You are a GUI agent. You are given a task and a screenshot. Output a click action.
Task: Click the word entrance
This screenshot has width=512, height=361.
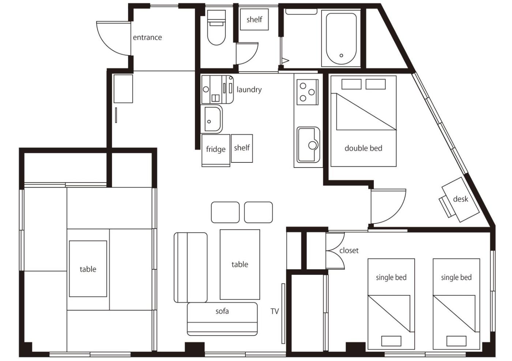(147, 37)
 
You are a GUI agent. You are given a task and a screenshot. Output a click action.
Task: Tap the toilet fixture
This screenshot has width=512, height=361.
(216, 27)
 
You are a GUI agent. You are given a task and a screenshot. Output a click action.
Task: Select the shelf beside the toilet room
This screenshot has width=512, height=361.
(254, 19)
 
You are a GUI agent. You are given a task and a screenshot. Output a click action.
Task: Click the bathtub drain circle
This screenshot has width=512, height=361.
(341, 55)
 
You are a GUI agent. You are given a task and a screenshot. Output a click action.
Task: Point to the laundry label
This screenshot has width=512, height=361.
(249, 89)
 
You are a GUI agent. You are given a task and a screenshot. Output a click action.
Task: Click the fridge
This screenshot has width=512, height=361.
(216, 150)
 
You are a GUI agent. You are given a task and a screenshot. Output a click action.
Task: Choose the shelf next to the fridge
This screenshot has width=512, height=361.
(242, 148)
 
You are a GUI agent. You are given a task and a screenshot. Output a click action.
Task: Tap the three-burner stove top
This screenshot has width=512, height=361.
(308, 92)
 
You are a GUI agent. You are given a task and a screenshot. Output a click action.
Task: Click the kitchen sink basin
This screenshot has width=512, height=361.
(308, 145)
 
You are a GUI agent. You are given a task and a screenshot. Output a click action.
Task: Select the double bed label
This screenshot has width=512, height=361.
(363, 148)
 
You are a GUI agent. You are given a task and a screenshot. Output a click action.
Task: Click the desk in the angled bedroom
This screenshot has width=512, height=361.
(460, 200)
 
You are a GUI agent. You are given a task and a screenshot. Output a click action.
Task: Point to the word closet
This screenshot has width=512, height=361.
(349, 250)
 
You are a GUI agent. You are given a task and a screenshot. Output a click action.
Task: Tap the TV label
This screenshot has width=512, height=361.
(275, 311)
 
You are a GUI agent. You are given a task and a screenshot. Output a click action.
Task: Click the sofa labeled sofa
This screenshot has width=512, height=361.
(222, 319)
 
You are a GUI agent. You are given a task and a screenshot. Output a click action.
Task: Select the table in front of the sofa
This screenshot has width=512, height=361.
(240, 265)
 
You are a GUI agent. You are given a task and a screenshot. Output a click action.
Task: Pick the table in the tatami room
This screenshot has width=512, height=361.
(88, 269)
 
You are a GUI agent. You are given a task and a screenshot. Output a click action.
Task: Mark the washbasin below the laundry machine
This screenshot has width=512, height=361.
(211, 119)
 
